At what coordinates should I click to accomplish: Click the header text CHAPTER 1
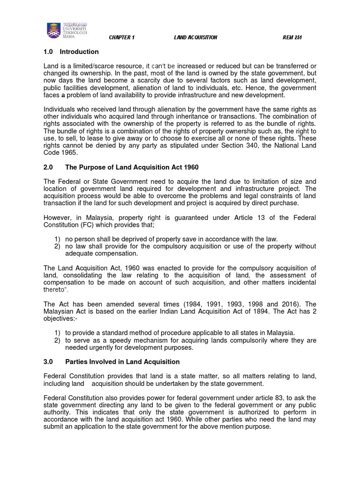click(x=121, y=38)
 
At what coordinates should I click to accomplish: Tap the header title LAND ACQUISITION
click(x=195, y=38)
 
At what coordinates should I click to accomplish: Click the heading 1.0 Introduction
click(x=71, y=52)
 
